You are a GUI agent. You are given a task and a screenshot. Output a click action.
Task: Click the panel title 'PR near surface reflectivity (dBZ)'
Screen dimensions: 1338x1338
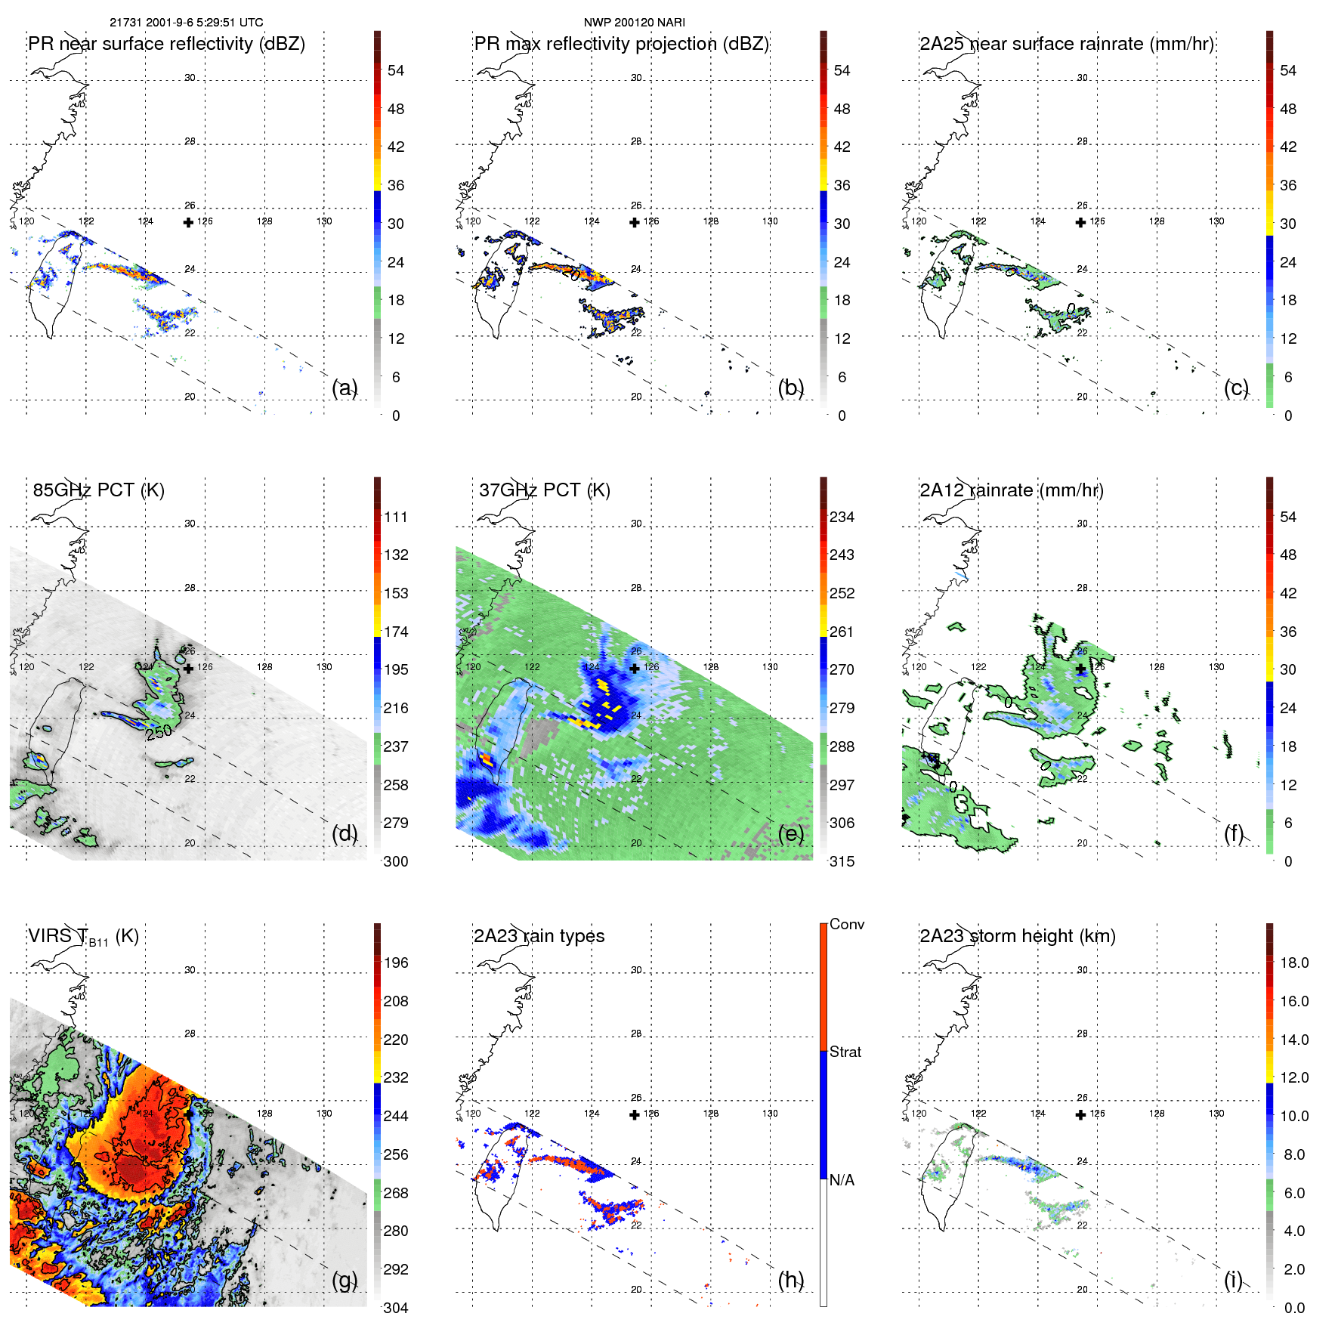[x=166, y=44]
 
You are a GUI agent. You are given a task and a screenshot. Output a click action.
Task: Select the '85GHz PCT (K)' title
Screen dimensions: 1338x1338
[x=98, y=490]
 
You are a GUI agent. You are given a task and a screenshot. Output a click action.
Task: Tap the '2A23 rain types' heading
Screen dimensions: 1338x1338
[x=539, y=936]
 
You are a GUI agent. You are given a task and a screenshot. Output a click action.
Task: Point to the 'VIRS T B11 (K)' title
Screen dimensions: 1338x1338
[x=83, y=937]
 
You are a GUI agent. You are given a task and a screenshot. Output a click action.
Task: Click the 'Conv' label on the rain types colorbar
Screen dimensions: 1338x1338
[x=846, y=925]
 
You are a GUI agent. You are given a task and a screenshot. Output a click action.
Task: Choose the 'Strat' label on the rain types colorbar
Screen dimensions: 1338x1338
[x=845, y=1052]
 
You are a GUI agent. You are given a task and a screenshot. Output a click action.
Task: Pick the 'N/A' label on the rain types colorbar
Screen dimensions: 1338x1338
[x=842, y=1180]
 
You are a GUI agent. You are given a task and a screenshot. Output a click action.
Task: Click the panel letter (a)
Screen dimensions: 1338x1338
[x=345, y=388]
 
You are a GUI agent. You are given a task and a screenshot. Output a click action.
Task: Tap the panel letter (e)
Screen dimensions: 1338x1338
[x=791, y=833]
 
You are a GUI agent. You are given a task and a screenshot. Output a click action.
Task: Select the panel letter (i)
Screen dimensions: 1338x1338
[x=1233, y=1280]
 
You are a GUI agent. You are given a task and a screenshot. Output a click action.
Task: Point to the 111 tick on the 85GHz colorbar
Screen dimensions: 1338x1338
[x=396, y=518]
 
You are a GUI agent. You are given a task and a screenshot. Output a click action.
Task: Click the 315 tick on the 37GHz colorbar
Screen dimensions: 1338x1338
[x=842, y=861]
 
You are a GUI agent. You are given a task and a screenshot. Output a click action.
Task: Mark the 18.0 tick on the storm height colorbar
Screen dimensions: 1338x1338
[x=1294, y=963]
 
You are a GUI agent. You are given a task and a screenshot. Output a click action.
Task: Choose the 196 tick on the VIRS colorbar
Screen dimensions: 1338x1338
[x=396, y=963]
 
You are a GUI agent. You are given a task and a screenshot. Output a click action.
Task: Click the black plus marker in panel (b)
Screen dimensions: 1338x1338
[x=635, y=223]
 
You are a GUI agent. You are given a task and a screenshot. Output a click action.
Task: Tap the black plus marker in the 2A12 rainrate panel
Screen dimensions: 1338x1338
[x=1081, y=669]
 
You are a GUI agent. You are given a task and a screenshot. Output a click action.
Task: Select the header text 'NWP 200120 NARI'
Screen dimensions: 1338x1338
[x=635, y=23]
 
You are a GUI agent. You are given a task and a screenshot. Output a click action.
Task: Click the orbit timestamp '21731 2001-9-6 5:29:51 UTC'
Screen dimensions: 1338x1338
[x=187, y=23]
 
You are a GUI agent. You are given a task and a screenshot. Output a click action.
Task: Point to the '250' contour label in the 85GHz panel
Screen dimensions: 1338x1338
[x=159, y=732]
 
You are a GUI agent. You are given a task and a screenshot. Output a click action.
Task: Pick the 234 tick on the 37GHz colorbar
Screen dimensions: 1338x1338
[x=842, y=518]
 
